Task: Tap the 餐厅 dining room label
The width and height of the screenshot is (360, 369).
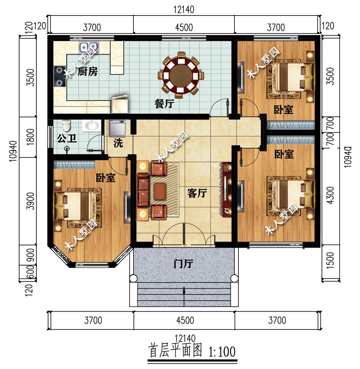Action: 165,103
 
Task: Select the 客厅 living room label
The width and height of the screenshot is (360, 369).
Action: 197,193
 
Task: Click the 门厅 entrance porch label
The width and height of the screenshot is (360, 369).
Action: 183,263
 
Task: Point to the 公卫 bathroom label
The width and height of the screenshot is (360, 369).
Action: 67,138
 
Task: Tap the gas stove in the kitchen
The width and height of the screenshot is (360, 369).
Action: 59,77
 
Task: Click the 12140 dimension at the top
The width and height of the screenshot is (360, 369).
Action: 184,10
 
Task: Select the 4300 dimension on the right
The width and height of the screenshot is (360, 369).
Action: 330,195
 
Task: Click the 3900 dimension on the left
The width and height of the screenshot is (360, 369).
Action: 31,201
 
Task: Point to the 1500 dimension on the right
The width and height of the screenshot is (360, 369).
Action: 330,260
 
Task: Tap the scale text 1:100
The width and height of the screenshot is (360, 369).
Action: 222,351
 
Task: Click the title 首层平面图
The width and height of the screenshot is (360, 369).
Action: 175,351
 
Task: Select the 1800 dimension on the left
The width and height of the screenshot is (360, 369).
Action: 31,137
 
